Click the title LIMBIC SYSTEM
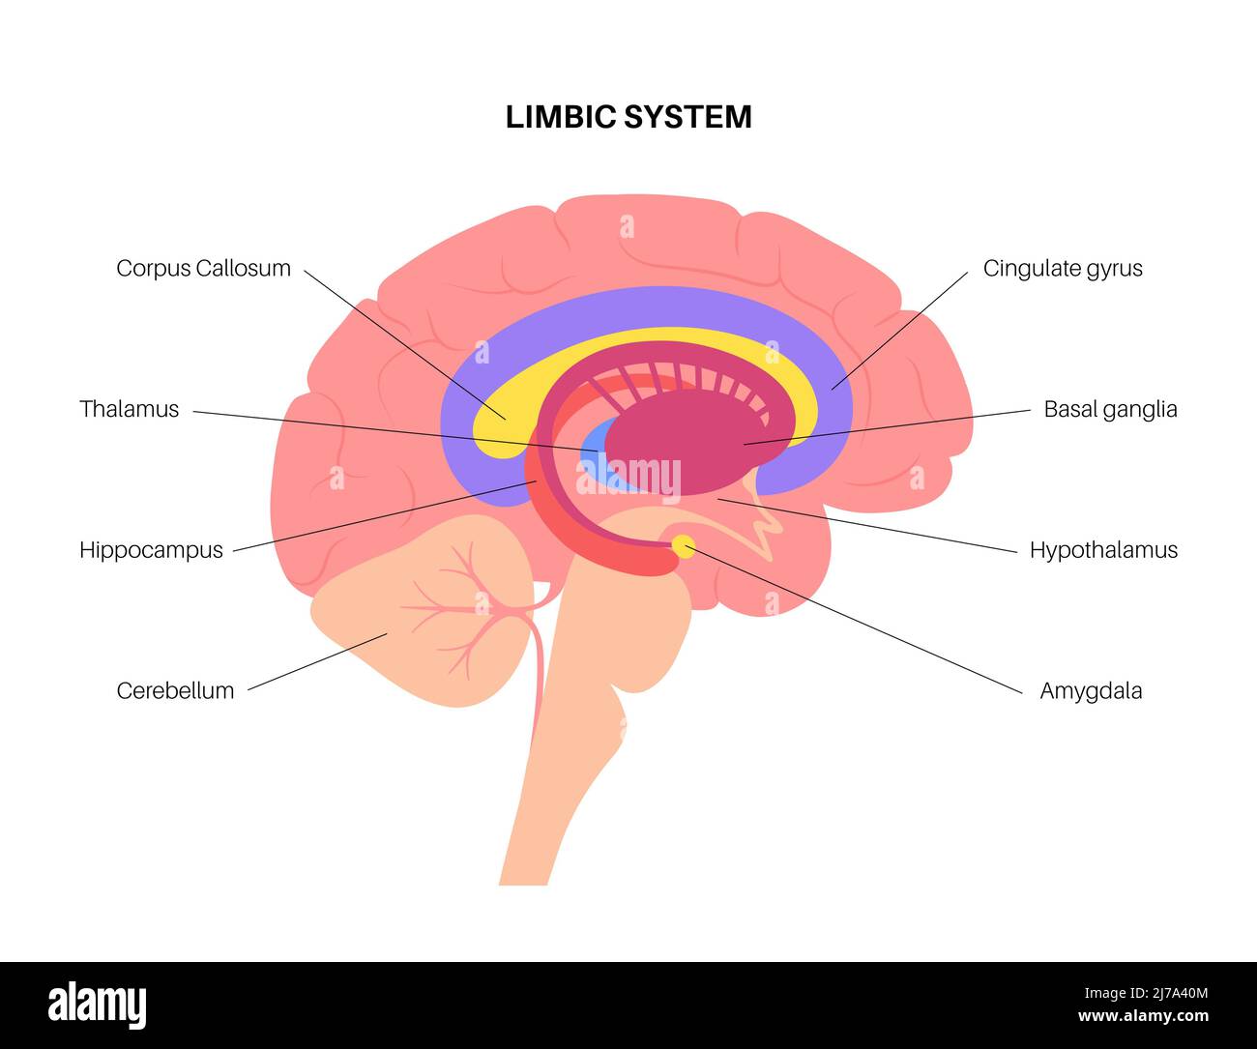628,117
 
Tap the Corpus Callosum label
203,268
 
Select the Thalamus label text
129,409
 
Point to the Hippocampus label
151,550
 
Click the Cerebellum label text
175,690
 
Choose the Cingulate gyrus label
1062,268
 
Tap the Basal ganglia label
1110,409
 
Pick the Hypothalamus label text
1103,550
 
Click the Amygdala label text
1091,690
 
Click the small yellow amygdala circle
684,546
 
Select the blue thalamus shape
594,454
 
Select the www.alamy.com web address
1143,1016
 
